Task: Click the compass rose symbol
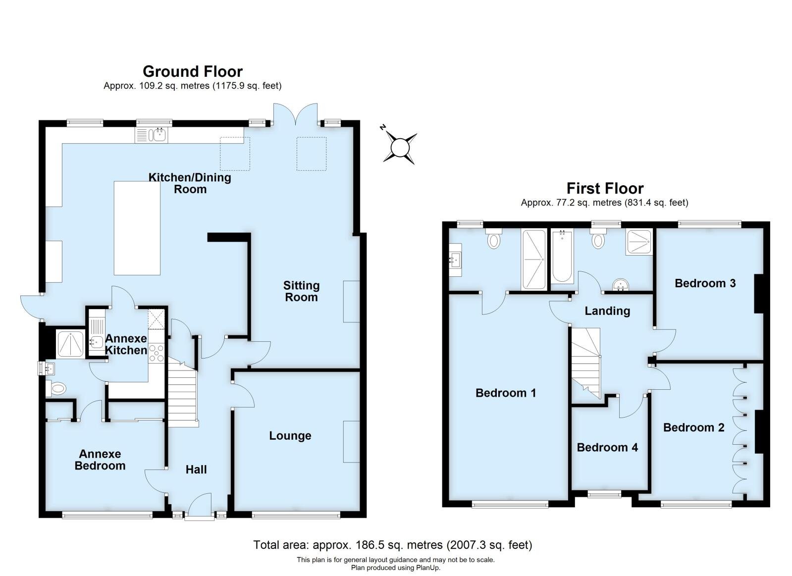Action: point(400,147)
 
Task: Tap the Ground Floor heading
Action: point(193,72)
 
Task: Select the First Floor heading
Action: point(605,189)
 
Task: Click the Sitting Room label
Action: point(301,291)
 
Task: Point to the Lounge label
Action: point(290,436)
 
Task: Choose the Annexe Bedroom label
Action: point(100,460)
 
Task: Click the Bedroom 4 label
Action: point(607,448)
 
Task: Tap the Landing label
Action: point(607,311)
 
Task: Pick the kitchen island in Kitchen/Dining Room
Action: point(137,228)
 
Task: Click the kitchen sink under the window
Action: point(152,134)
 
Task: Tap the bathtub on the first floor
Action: point(562,256)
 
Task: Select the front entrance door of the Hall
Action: point(200,506)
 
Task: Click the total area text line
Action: point(392,545)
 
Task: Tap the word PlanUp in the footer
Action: point(429,568)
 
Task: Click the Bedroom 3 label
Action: point(705,283)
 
